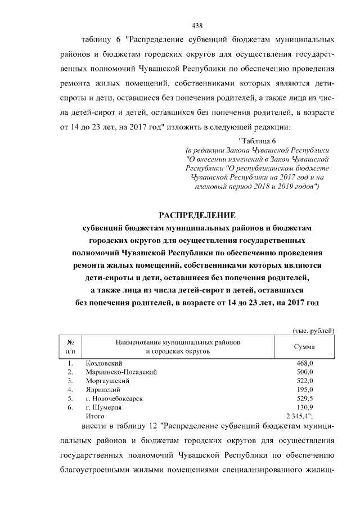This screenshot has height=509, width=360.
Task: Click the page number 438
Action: pos(197,25)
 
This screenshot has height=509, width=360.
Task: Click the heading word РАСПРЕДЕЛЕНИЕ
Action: pos(197,215)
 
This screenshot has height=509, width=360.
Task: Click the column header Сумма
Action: pos(304,347)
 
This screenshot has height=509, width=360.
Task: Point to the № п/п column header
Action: pos(71,347)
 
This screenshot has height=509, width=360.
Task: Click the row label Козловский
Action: pos(103,364)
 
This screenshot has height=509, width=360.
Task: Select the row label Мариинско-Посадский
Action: pos(121,372)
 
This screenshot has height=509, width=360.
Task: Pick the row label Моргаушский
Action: pos(107,381)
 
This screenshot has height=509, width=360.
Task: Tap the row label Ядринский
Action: pos(103,389)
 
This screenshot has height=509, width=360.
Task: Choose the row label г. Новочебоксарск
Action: pos(114,398)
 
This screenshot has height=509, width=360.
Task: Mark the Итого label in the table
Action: pos(94,416)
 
